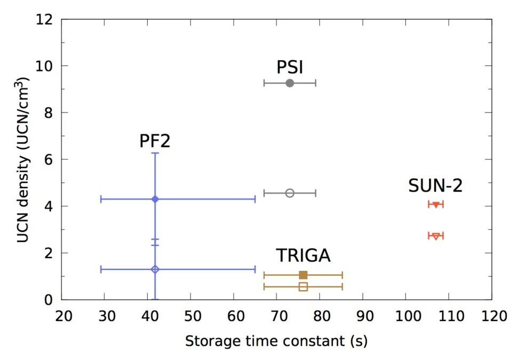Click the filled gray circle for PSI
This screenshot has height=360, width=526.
click(x=290, y=83)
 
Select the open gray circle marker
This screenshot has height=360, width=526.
click(x=290, y=193)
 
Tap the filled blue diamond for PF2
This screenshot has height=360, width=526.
click(x=155, y=199)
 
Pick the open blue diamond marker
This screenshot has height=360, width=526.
click(x=155, y=269)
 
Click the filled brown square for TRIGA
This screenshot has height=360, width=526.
click(x=303, y=275)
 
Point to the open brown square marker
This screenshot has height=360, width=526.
click(x=303, y=287)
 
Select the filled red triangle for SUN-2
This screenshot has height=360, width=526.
click(x=436, y=205)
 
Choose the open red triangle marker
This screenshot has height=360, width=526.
click(x=436, y=236)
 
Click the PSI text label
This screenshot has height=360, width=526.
click(x=290, y=67)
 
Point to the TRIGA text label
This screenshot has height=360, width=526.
click(x=303, y=255)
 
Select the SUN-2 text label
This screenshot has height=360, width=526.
click(x=435, y=186)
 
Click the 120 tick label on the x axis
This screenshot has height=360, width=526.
click(x=491, y=316)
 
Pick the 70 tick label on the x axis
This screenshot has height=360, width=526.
click(x=276, y=316)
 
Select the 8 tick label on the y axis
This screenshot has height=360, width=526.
click(x=48, y=113)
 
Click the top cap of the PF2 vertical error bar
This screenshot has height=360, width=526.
click(x=155, y=153)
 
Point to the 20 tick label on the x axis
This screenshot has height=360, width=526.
click(x=62, y=316)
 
